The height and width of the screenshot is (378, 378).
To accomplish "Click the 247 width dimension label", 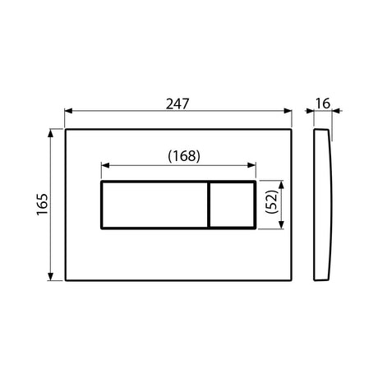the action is pos(177,104).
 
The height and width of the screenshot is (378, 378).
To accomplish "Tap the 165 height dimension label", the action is pos(43,205).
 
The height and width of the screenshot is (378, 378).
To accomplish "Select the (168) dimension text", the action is pos(184,156).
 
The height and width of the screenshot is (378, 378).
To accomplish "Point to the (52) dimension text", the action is pos(271,202).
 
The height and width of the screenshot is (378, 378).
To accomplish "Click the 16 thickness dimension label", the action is pos(323,104).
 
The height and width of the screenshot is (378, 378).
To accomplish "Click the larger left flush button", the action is pos(154,205).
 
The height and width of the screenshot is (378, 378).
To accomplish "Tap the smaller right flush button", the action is pos(232,205).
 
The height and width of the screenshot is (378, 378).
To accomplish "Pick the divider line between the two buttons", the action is pos(209,205).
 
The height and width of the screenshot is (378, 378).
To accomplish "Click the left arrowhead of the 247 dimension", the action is pos(68,111).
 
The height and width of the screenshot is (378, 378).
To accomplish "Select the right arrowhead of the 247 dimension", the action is pos(288,111).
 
